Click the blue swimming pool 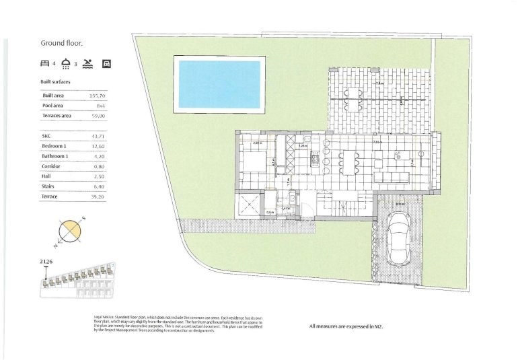click(218, 83)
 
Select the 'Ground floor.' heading click(62, 43)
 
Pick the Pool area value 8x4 click(101, 106)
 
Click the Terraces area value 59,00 click(99, 116)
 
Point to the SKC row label click(46, 135)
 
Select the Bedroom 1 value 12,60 click(99, 146)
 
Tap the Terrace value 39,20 click(99, 196)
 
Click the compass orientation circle click(69, 231)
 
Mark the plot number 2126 click(47, 261)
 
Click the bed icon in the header click(45, 65)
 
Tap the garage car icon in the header click(106, 65)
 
